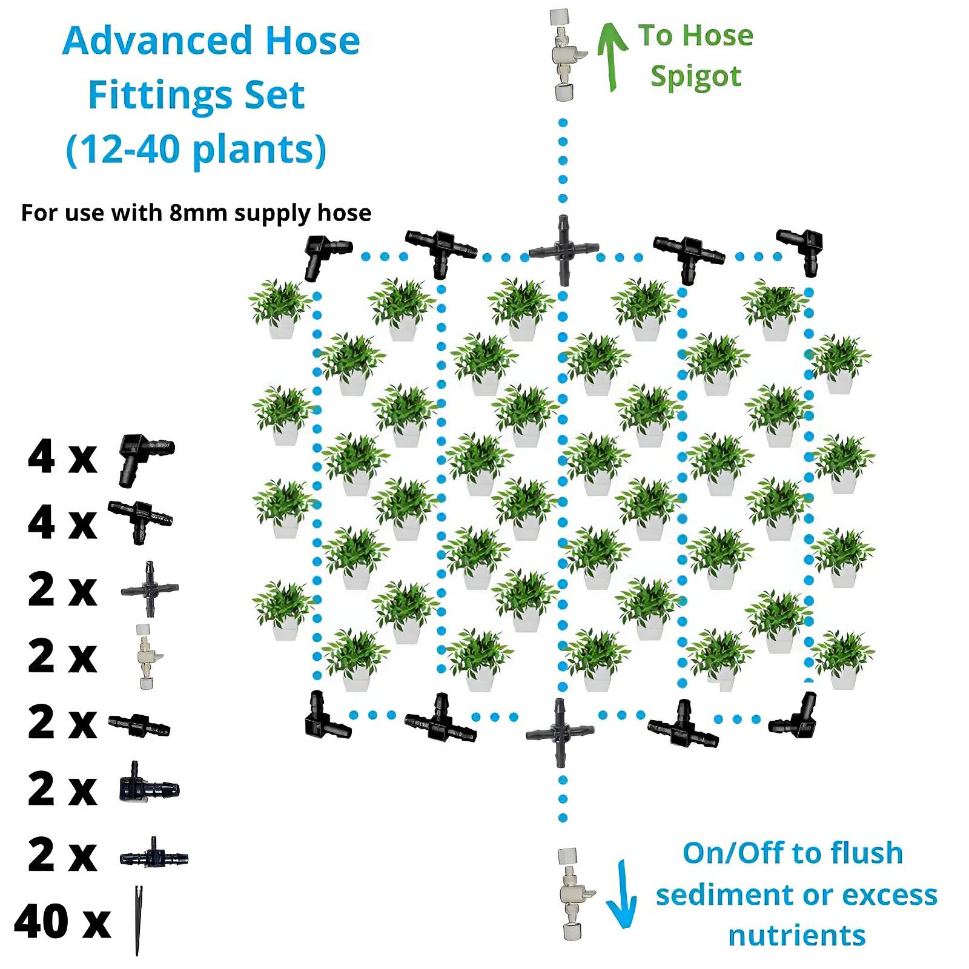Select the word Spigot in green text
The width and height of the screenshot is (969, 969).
pos(696,77)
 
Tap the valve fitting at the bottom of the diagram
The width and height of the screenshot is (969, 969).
pos(571,894)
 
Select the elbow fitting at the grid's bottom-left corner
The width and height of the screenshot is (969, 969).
pos(324,717)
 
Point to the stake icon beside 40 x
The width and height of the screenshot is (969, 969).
pos(139,920)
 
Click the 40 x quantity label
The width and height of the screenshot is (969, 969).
pos(62,921)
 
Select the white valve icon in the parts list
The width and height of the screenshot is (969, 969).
pos(146,656)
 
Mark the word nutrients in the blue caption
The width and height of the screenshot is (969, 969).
pos(796,935)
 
